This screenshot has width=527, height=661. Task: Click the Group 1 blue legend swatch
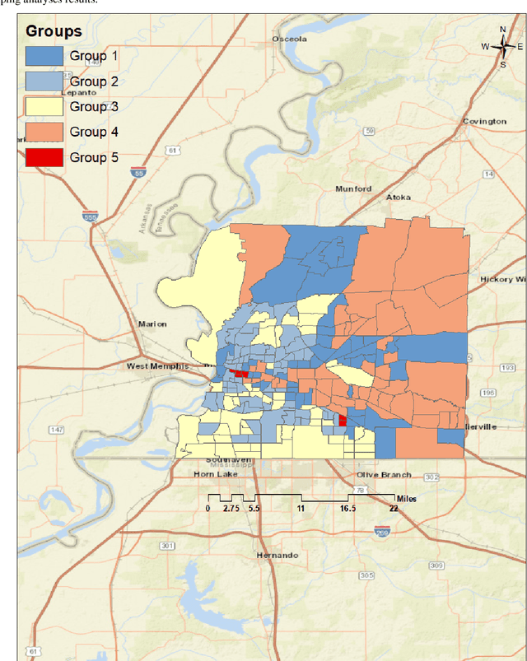click(44, 56)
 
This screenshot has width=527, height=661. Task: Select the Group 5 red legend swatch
click(44, 157)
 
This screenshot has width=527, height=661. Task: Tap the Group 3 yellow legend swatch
click(44, 106)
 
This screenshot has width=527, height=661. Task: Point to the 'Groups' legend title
click(54, 32)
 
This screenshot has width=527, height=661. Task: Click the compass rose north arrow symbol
click(502, 47)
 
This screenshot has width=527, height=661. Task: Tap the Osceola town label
click(291, 39)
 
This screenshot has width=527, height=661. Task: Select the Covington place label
click(484, 121)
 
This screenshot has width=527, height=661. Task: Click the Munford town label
click(353, 189)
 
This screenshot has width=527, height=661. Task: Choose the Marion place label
click(152, 324)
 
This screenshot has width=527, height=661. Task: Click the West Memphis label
click(157, 365)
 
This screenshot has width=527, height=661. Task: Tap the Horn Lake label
click(194, 474)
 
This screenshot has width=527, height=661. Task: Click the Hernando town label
click(277, 556)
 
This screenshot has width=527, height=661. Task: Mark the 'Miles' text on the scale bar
click(407, 499)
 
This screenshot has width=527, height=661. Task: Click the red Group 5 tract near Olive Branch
click(343, 421)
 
